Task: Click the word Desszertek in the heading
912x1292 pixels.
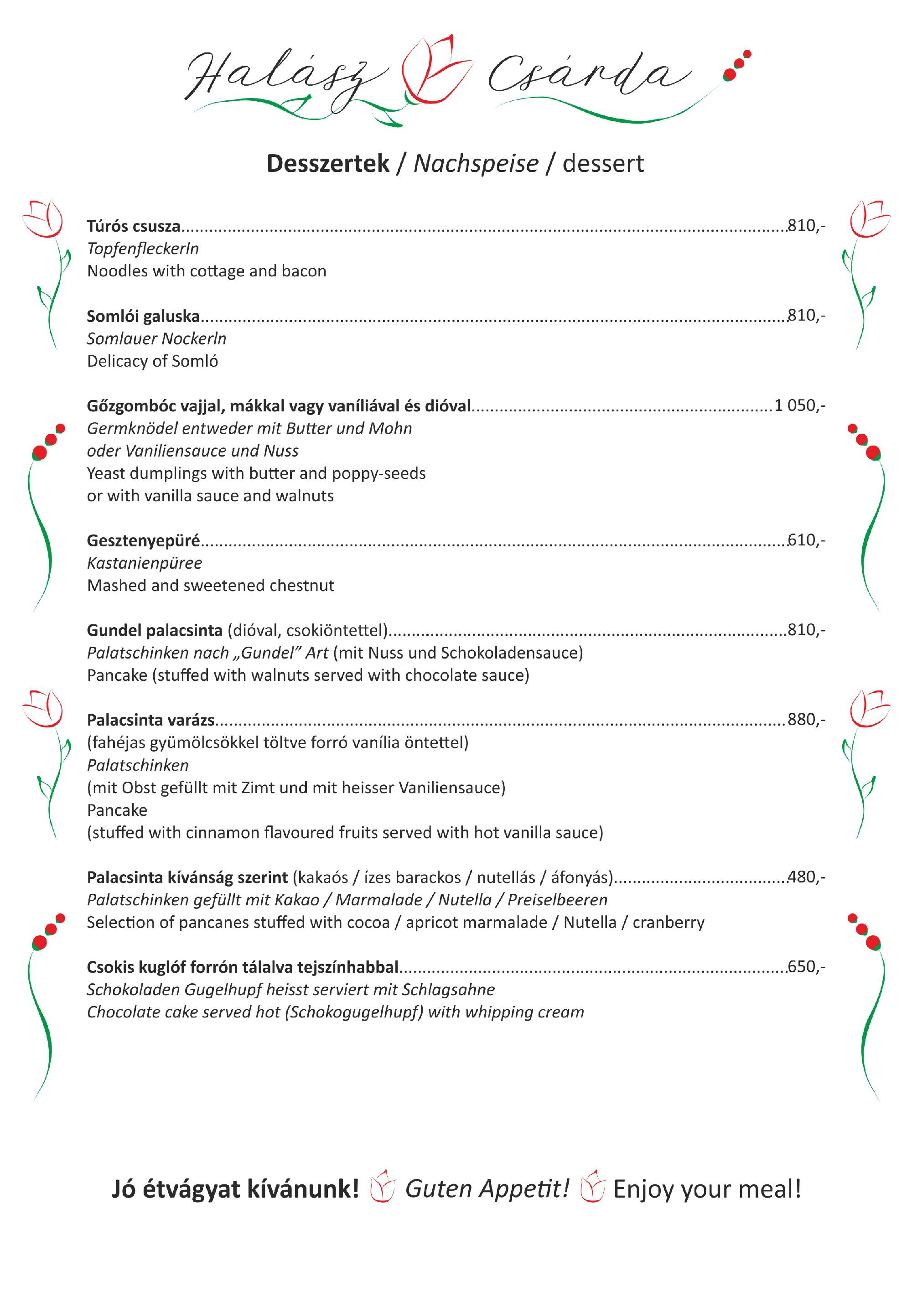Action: click(328, 163)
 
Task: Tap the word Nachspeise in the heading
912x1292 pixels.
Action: click(476, 164)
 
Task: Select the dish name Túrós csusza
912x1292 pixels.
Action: click(133, 226)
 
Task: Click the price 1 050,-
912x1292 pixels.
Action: click(799, 405)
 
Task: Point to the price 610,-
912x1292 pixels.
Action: click(806, 540)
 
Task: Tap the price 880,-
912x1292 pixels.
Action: click(806, 720)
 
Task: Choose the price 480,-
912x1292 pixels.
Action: click(806, 877)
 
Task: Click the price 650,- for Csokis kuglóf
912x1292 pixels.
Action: click(806, 967)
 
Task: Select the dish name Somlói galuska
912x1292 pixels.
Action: click(143, 316)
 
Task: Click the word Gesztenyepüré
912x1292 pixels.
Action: click(143, 541)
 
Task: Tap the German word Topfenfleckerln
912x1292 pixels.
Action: click(143, 249)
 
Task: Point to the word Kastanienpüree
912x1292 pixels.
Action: click(145, 563)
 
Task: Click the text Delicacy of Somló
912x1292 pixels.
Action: click(152, 361)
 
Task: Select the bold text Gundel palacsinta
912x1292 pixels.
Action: click(155, 630)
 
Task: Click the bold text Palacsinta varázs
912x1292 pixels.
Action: click(151, 720)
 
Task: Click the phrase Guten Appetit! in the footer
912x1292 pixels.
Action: click(487, 1189)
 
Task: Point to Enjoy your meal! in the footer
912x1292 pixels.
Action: click(707, 1189)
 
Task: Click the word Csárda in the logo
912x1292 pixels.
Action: click(588, 76)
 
